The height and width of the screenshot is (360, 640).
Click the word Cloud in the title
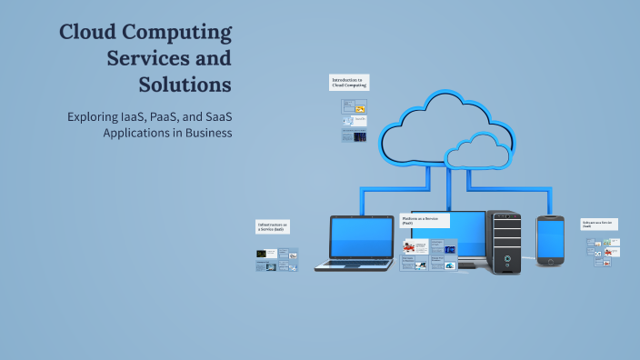click(88, 33)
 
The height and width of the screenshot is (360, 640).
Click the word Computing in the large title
click(178, 33)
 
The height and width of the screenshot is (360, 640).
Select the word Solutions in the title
click(185, 85)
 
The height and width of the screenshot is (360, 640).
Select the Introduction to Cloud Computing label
click(349, 83)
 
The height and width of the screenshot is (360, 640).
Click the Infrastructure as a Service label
click(275, 227)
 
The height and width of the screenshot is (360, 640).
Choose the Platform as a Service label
click(424, 221)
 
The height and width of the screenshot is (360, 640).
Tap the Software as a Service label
click(600, 225)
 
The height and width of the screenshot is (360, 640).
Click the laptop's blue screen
click(361, 235)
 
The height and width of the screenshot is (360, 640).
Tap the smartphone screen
click(550, 238)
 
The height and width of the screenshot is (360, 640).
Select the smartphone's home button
click(550, 262)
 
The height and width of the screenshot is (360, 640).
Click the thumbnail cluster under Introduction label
click(354, 121)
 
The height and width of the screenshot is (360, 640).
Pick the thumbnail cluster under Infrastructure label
click(276, 260)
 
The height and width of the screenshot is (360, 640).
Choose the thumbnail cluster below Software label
click(604, 248)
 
